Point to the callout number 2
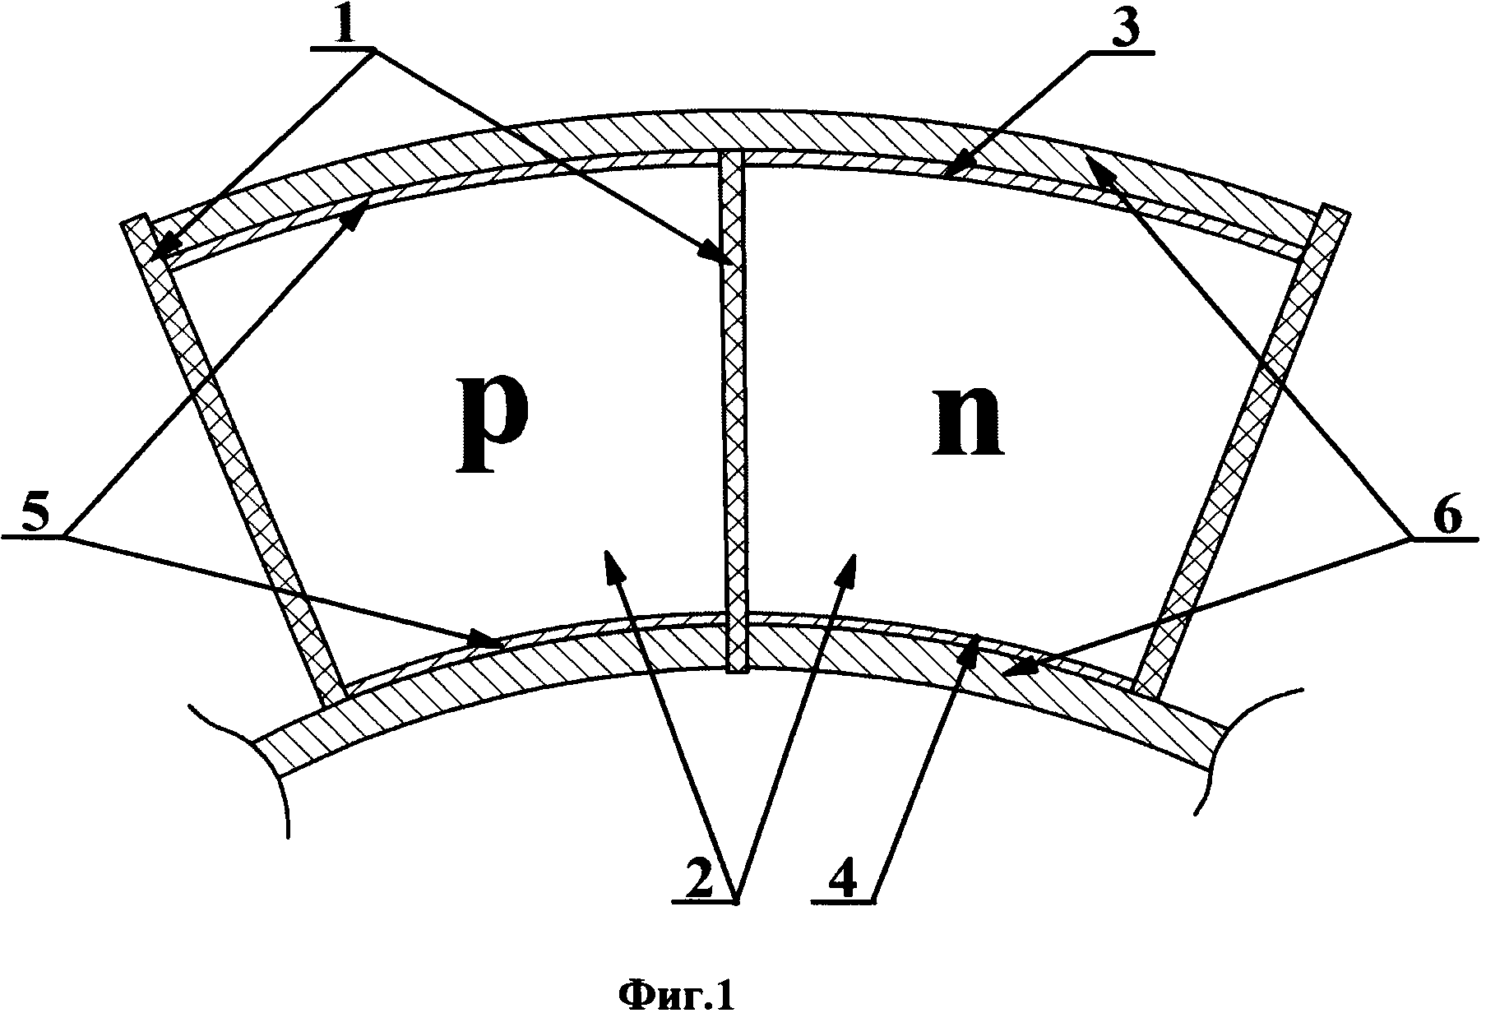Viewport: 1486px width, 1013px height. pyautogui.click(x=701, y=881)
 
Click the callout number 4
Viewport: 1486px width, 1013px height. pyautogui.click(x=840, y=881)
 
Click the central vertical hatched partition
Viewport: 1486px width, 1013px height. pyautogui.click(x=734, y=411)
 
